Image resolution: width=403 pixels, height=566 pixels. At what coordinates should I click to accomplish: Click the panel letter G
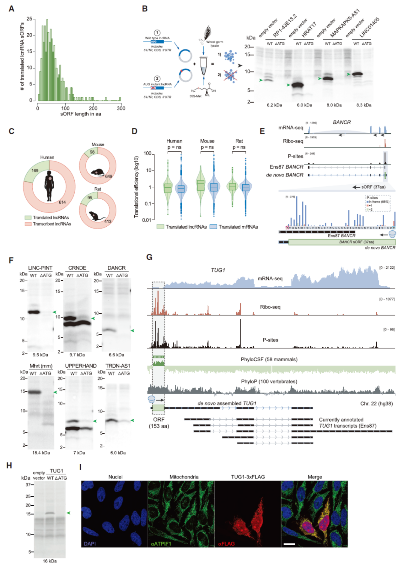pyautogui.click(x=149, y=257)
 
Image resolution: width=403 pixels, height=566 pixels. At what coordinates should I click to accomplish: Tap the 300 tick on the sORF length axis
pyautogui.click(x=121, y=108)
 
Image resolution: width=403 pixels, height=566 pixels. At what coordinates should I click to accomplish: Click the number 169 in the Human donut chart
pyautogui.click(x=35, y=170)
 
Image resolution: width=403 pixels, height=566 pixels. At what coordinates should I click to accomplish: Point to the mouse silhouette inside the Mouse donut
pyautogui.click(x=97, y=172)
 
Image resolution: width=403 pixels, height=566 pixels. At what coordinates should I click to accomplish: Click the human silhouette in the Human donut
pyautogui.click(x=49, y=186)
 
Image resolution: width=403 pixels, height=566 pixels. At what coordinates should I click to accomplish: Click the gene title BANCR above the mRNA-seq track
pyautogui.click(x=342, y=122)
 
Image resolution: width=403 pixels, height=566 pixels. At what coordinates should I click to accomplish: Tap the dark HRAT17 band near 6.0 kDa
pyautogui.click(x=298, y=85)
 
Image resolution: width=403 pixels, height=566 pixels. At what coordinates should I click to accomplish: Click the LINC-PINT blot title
pyautogui.click(x=40, y=268)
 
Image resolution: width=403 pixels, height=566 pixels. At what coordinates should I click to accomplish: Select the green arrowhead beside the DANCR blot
pyautogui.click(x=132, y=331)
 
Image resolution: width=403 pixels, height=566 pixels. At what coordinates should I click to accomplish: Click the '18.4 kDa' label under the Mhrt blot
pyautogui.click(x=41, y=453)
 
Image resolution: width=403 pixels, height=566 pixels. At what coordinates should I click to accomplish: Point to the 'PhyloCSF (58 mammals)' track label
pyautogui.click(x=269, y=359)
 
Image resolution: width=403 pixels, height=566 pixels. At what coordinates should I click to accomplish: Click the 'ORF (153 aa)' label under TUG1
pyautogui.click(x=159, y=423)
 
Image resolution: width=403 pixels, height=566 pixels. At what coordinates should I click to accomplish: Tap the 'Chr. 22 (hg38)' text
pyautogui.click(x=376, y=403)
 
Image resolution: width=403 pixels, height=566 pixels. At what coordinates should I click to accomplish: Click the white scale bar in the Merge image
pyautogui.click(x=289, y=544)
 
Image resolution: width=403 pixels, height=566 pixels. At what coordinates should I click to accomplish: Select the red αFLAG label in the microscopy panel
pyautogui.click(x=226, y=544)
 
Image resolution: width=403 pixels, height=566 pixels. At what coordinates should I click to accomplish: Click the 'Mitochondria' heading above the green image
pyautogui.click(x=184, y=477)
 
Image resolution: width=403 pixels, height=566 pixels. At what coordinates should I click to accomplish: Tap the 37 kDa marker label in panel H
pyautogui.click(x=28, y=485)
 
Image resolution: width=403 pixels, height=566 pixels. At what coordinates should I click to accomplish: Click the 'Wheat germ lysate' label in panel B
pyautogui.click(x=215, y=43)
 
